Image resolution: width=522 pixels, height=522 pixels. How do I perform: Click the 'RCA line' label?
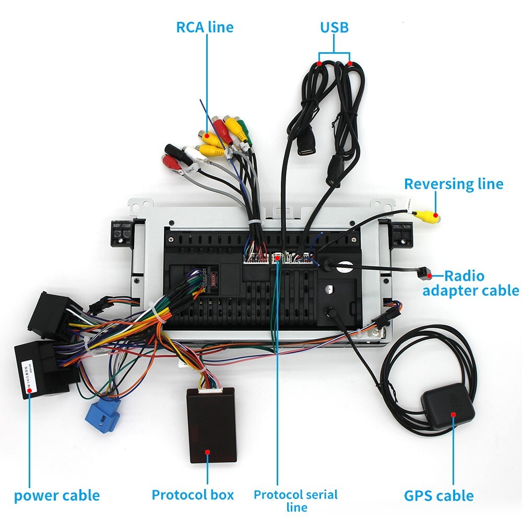(205, 27)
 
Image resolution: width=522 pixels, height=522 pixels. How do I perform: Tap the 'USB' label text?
(334, 27)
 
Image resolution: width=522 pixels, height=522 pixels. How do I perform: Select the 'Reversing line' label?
(454, 184)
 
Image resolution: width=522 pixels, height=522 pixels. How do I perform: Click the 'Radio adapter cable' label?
(471, 283)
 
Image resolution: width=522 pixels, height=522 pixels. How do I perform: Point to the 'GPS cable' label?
(438, 495)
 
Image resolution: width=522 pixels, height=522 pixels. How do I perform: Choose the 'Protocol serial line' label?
(295, 500)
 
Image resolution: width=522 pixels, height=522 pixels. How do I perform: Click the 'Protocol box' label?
(193, 494)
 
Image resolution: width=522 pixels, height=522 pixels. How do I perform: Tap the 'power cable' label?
(56, 495)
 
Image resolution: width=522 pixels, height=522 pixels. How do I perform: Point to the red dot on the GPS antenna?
(453, 414)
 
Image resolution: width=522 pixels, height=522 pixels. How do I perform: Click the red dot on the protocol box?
(207, 453)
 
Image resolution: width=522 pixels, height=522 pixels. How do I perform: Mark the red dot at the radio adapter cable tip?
(429, 275)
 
